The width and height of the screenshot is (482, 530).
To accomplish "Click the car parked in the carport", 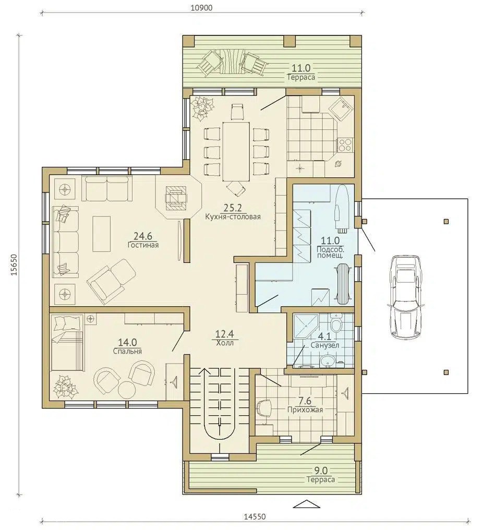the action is click(x=405, y=296).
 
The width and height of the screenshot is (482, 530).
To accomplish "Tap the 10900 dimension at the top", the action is click(x=201, y=8).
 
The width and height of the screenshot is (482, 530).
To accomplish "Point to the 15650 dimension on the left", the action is click(x=14, y=264).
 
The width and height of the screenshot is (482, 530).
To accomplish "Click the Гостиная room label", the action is click(x=143, y=245).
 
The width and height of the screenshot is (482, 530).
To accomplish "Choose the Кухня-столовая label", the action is click(x=233, y=216).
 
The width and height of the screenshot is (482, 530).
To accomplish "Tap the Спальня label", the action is click(x=127, y=352).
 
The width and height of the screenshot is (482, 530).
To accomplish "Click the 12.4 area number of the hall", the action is click(x=225, y=334).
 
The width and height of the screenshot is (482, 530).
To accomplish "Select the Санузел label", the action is click(x=325, y=345).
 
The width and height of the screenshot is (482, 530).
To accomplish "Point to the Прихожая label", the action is click(x=305, y=409).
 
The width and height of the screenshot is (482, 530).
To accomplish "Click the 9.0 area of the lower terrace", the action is click(x=321, y=471).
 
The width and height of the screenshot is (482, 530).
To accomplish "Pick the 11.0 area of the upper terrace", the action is click(x=301, y=68).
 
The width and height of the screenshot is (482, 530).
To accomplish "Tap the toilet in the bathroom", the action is click(x=336, y=323).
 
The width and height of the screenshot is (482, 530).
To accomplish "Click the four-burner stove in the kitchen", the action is click(x=345, y=145).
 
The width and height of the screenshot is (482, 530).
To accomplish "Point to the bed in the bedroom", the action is click(x=67, y=343).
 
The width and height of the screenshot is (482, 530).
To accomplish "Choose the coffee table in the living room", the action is click(x=101, y=234).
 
